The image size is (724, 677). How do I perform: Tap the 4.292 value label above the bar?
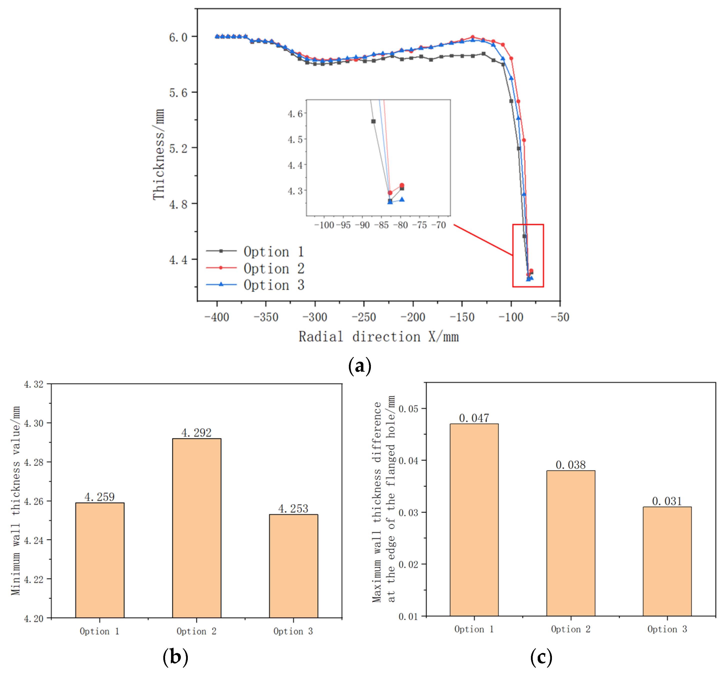pyautogui.click(x=196, y=433)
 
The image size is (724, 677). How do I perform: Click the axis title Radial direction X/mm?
pyautogui.click(x=378, y=337)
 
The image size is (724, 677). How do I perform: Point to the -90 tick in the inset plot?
pyautogui.click(x=362, y=225)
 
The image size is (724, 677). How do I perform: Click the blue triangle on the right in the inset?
pyautogui.click(x=402, y=199)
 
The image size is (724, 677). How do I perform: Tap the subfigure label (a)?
pyautogui.click(x=359, y=365)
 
